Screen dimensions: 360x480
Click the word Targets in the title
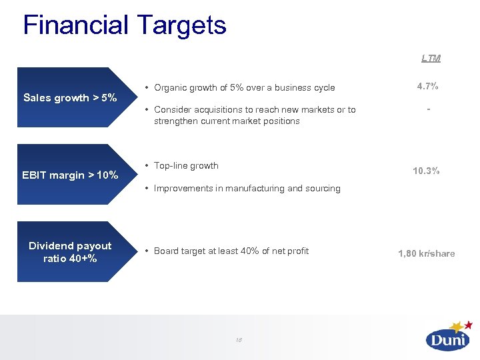coord(182,25)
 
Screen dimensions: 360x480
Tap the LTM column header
coord(431,58)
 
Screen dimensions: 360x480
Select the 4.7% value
coord(427,87)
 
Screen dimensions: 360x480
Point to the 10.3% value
coord(426,171)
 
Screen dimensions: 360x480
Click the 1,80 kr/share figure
coord(427,253)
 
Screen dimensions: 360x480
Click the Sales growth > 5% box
coord(70,97)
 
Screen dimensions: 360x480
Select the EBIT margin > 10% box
coord(70,175)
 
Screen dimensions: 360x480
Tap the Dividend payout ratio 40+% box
coord(70,252)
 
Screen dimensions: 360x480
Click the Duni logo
coord(447,339)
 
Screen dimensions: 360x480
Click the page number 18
coord(238,340)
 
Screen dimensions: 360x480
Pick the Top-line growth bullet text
coord(186,165)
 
